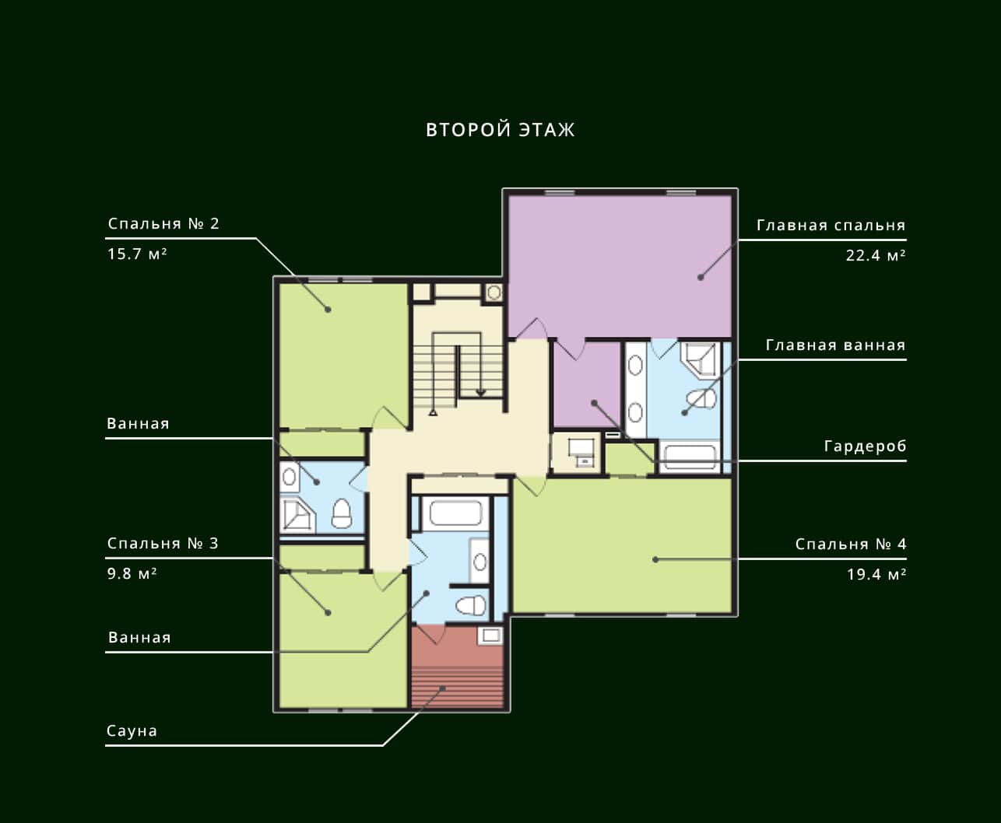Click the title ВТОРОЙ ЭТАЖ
coord(500,129)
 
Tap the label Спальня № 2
coord(163,223)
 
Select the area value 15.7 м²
coord(137,254)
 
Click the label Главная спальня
coord(831,225)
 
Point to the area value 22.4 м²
coord(876,255)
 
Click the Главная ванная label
coord(836,345)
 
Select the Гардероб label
coord(866,446)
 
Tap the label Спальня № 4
coord(851,544)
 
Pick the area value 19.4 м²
coord(876,574)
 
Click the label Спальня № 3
coord(163,543)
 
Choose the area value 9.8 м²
coord(132,573)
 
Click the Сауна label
coord(132,730)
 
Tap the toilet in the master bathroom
coord(702,399)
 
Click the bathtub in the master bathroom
coord(690,457)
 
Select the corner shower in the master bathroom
coord(699,360)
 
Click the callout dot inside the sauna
coord(442,688)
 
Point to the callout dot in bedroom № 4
coord(655,560)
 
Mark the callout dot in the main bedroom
coord(701,277)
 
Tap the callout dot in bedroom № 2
coord(328,310)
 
